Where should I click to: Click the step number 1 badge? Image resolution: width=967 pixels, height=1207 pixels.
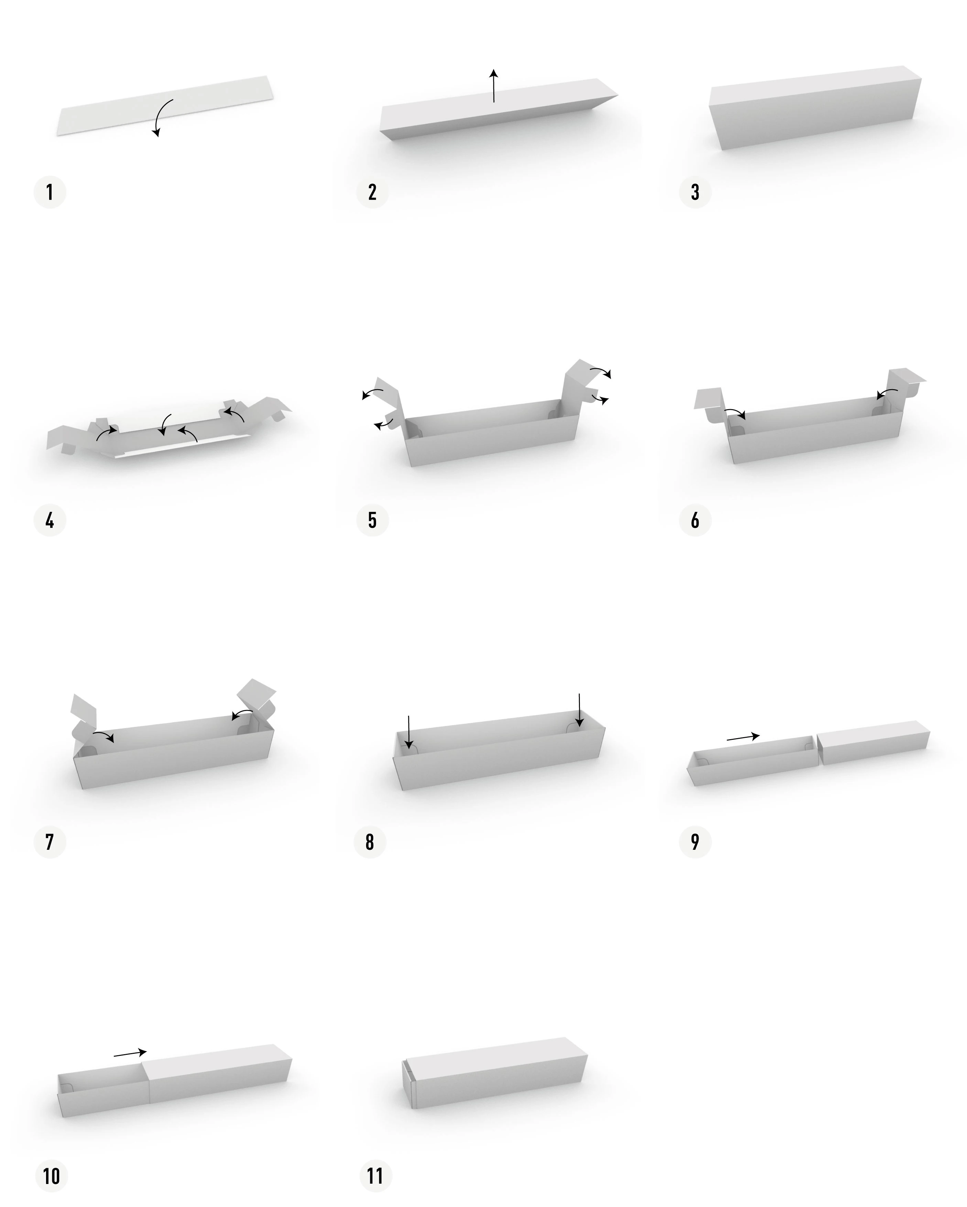pyautogui.click(x=50, y=192)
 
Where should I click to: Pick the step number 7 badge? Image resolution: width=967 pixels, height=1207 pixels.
pyautogui.click(x=50, y=842)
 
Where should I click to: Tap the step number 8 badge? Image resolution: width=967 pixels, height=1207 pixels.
pyautogui.click(x=370, y=842)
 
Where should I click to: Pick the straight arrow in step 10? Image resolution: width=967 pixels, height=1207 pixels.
pyautogui.click(x=130, y=1053)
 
